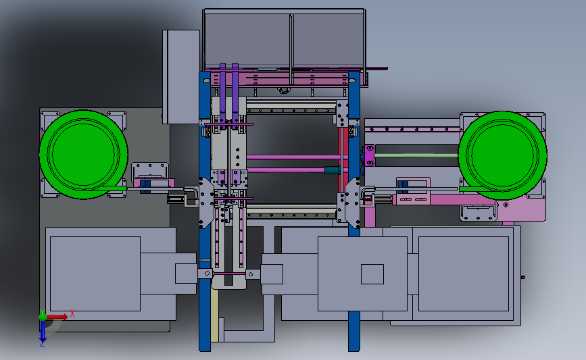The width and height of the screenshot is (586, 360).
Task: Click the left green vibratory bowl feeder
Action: [x=83, y=154]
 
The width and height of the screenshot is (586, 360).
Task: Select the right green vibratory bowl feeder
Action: [x=503, y=155]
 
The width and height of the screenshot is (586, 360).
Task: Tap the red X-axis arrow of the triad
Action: [x=57, y=317]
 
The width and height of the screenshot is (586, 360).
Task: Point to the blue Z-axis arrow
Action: [x=43, y=331]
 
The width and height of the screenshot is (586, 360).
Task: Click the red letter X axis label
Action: [x=72, y=313]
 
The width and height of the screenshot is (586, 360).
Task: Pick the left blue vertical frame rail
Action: [x=205, y=211]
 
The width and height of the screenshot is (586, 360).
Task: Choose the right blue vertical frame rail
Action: [x=354, y=211]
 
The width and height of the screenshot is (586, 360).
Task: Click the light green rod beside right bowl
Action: [x=416, y=155]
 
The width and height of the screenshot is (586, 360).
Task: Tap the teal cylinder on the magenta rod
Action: [x=332, y=170]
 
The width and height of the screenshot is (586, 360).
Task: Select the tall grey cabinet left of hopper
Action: [x=181, y=76]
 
